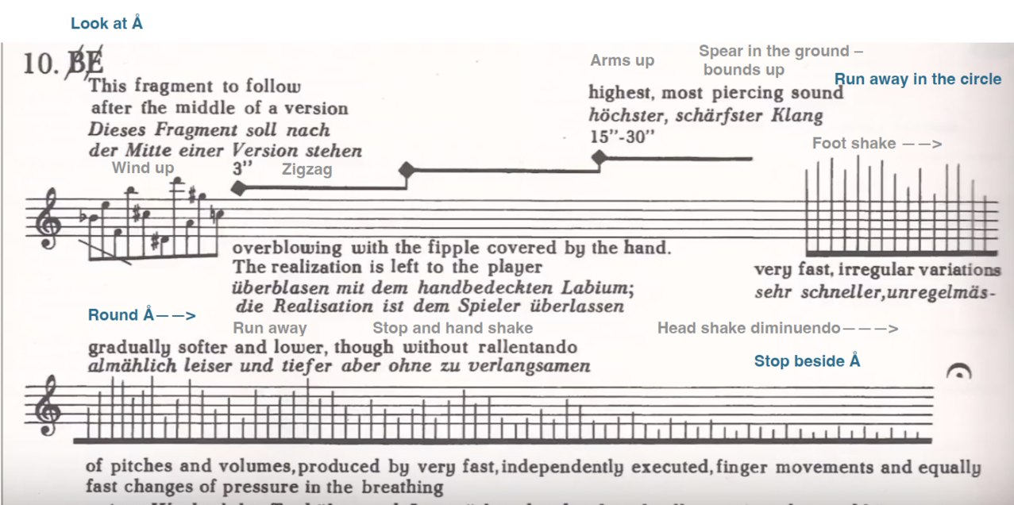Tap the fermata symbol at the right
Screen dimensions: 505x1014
click(960, 372)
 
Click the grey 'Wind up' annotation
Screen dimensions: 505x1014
click(143, 168)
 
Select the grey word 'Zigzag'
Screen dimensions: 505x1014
click(307, 169)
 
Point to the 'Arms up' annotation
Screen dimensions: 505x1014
click(622, 60)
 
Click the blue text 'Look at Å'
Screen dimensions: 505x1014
click(106, 23)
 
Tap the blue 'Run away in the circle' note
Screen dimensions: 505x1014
click(917, 79)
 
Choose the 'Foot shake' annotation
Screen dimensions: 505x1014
click(877, 144)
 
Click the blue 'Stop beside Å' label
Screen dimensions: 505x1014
click(807, 361)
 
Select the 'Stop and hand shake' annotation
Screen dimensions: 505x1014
click(453, 328)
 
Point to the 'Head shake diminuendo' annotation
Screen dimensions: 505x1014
click(777, 328)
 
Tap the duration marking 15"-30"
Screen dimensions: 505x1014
click(622, 137)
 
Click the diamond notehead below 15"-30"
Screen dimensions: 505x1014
click(600, 158)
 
